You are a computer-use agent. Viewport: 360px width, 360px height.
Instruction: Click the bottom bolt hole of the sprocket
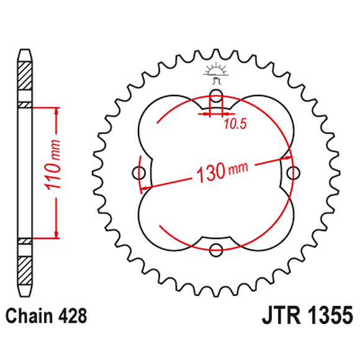point(216,250)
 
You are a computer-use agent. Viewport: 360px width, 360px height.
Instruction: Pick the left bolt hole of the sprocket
point(140,173)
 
